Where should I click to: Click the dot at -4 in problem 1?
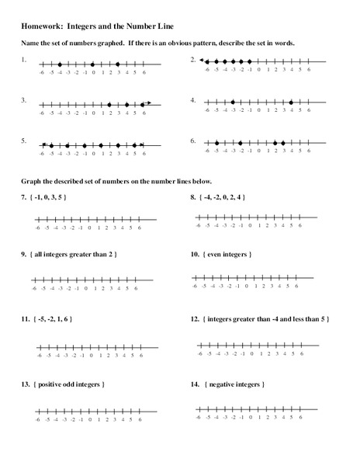pos(59,64)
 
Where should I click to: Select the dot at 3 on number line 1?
pos(118,64)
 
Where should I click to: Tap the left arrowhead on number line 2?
pos(201,61)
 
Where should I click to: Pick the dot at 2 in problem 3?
pos(109,103)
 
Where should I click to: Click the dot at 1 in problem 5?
pos(101,144)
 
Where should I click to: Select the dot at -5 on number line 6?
pos(216,143)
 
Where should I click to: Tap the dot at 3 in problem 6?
pos(283,143)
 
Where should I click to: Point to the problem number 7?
pos(24,198)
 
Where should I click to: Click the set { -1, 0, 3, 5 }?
pos(50,198)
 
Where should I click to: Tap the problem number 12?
pos(194,318)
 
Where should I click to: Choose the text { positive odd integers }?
pos(70,384)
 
